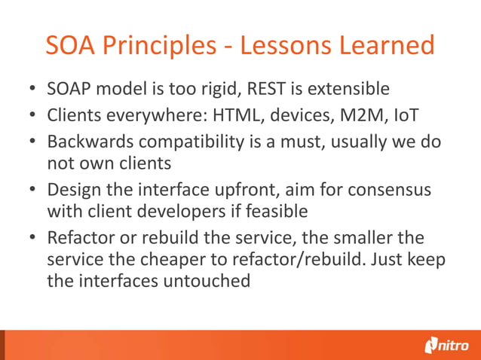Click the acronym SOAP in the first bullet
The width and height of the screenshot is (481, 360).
coord(69,90)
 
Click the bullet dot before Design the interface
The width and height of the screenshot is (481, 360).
coord(33,190)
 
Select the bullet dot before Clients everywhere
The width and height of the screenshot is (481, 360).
coord(33,116)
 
